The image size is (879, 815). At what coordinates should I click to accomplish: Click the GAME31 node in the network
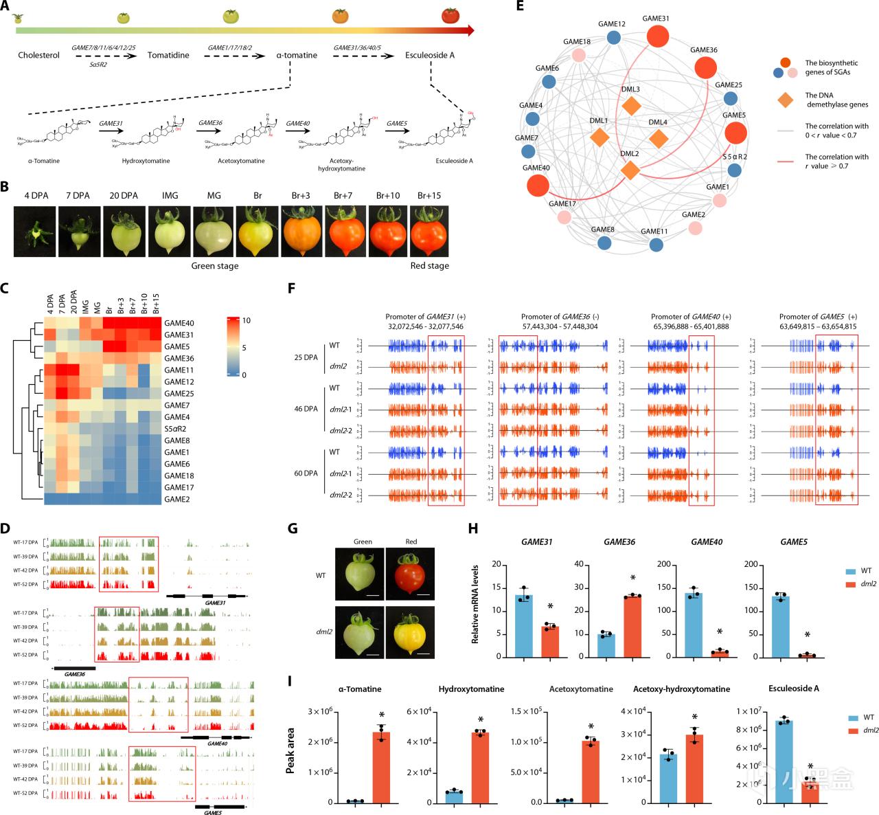(657, 36)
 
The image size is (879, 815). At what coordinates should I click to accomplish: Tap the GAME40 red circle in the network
(537, 186)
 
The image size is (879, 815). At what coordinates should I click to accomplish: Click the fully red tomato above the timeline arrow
(450, 14)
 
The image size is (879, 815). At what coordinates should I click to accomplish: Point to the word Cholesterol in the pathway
(38, 55)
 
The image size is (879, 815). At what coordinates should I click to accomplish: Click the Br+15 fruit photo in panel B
(429, 230)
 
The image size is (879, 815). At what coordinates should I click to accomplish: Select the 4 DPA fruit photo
(36, 230)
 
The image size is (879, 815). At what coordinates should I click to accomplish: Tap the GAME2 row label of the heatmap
(176, 499)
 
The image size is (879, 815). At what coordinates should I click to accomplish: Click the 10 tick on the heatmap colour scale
(247, 321)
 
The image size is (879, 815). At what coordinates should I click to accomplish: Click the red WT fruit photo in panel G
(411, 574)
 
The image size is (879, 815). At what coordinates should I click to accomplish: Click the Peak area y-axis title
(290, 750)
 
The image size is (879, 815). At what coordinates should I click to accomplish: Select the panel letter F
(291, 288)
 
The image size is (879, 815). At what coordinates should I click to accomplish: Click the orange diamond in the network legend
(786, 100)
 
